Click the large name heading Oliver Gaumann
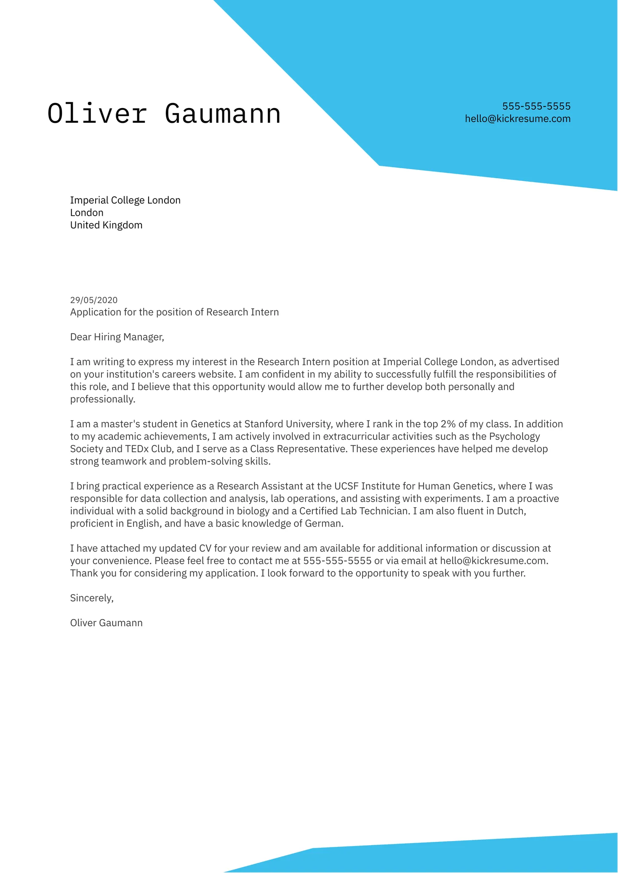pos(164,114)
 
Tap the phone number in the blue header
pos(536,106)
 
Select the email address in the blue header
pos(517,119)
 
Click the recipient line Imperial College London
pos(125,200)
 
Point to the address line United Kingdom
pos(106,225)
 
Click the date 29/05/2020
pos(93,300)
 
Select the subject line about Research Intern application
pos(174,312)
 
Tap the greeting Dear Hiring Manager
pos(117,337)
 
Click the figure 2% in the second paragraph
pos(448,424)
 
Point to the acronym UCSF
pos(346,486)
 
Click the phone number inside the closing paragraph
pos(337,561)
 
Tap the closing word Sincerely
pos(91,598)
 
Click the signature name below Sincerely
pos(106,623)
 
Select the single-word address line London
pos(87,213)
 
